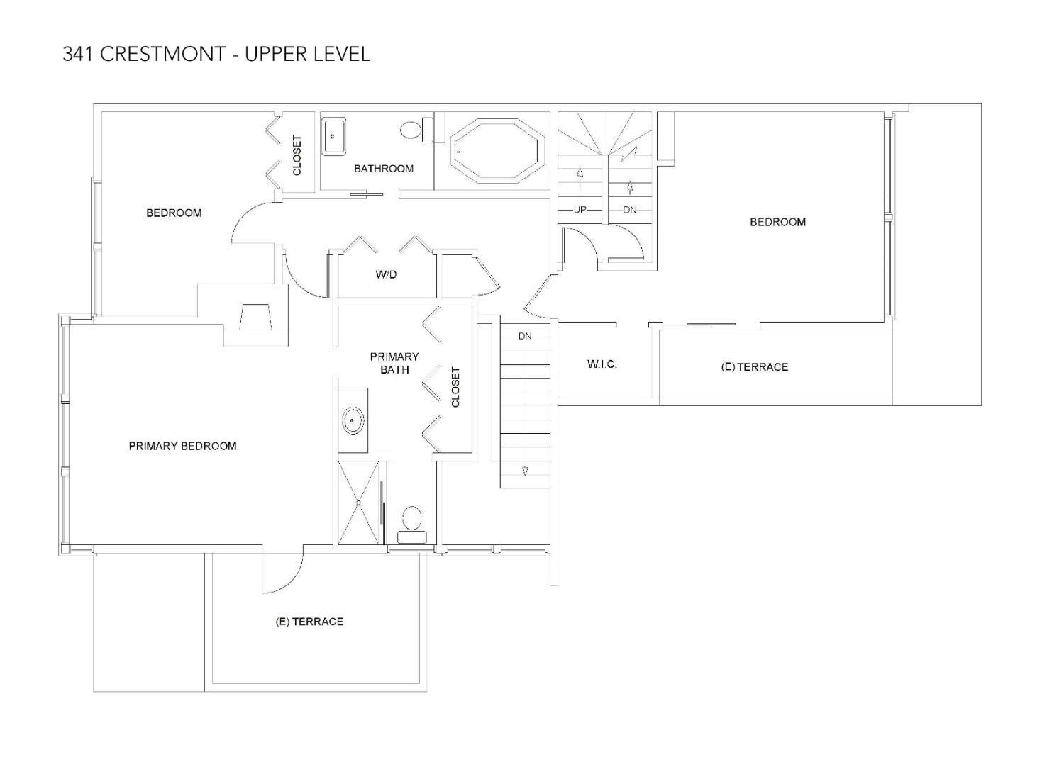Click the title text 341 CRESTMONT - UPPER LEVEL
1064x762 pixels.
click(216, 54)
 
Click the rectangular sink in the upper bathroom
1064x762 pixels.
click(334, 137)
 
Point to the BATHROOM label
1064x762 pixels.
click(383, 169)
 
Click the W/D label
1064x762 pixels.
click(386, 274)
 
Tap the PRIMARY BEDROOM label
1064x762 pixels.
click(182, 446)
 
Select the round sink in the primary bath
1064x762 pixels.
click(353, 420)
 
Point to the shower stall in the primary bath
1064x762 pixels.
click(359, 503)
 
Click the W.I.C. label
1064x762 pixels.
click(602, 364)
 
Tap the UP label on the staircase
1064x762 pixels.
click(580, 210)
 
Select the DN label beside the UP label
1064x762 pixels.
click(629, 210)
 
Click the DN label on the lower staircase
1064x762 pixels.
click(525, 336)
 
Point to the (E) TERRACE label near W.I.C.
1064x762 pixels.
click(754, 367)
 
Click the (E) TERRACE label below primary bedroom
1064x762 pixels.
click(309, 622)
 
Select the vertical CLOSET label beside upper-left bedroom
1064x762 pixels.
click(297, 155)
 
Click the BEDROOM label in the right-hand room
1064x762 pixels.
click(777, 222)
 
